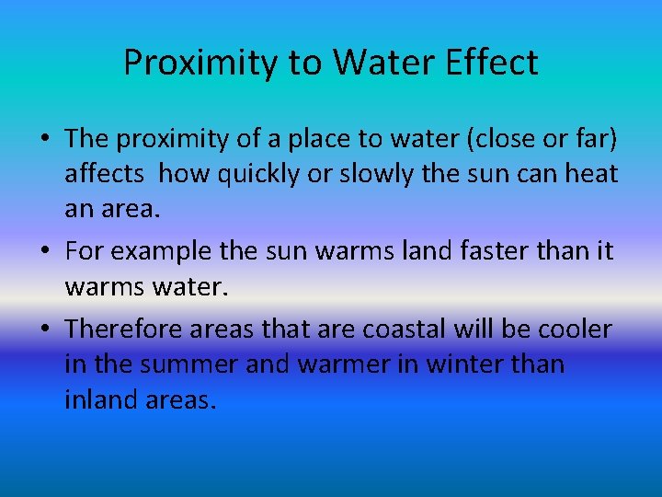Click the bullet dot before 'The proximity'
point(44,139)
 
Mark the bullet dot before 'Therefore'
point(44,329)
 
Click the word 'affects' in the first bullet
point(103,173)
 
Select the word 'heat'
point(589,173)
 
